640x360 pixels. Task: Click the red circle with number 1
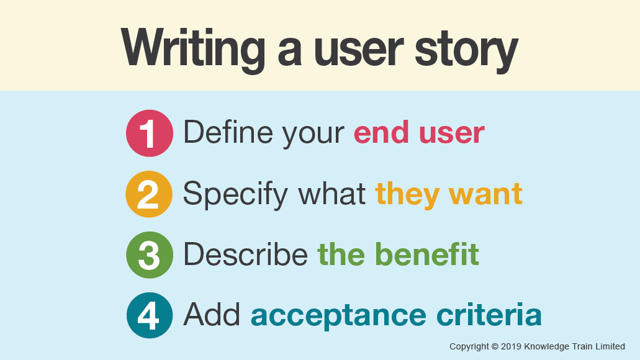(x=149, y=133)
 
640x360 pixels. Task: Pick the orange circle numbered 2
(x=149, y=194)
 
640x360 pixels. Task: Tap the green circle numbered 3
(x=149, y=254)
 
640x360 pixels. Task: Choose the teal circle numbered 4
(x=149, y=315)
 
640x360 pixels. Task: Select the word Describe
(x=245, y=254)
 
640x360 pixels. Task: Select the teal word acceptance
(x=338, y=315)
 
